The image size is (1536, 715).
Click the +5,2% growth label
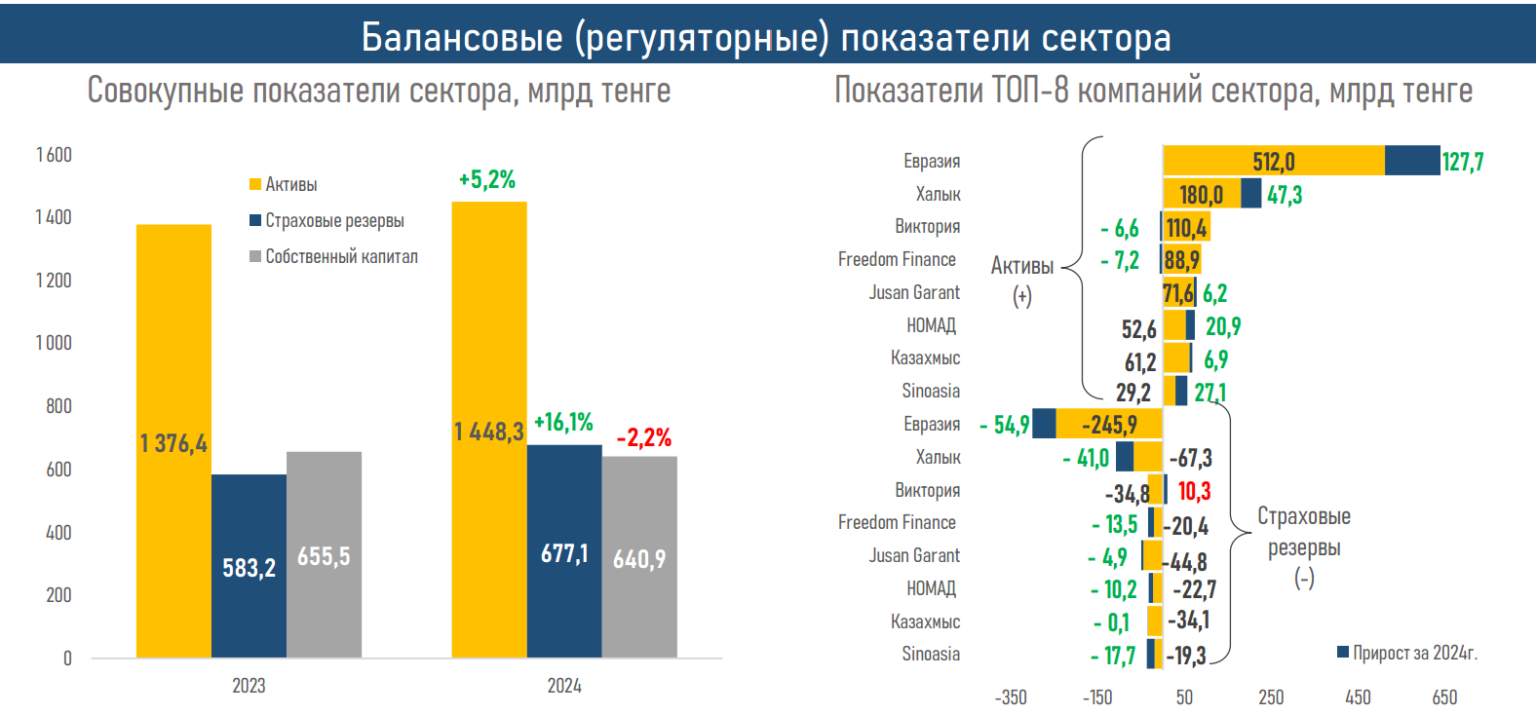coord(487,179)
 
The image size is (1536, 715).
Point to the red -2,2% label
coord(644,437)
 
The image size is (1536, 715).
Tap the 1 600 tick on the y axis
coord(54,155)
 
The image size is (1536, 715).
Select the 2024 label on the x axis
coord(564,686)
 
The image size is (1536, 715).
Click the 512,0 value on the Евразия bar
coord(1274,162)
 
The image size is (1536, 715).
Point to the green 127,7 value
coord(1463,162)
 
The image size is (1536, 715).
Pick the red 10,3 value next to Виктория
coord(1194,491)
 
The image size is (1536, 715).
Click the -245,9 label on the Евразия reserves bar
coord(1109,425)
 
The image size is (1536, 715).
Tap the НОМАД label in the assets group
coord(931,325)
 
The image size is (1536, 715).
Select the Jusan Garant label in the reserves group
coord(914,555)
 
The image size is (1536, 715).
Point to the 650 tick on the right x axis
coord(1444,697)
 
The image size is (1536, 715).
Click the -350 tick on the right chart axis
coord(1011,697)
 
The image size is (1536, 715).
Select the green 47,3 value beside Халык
coord(1285,195)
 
